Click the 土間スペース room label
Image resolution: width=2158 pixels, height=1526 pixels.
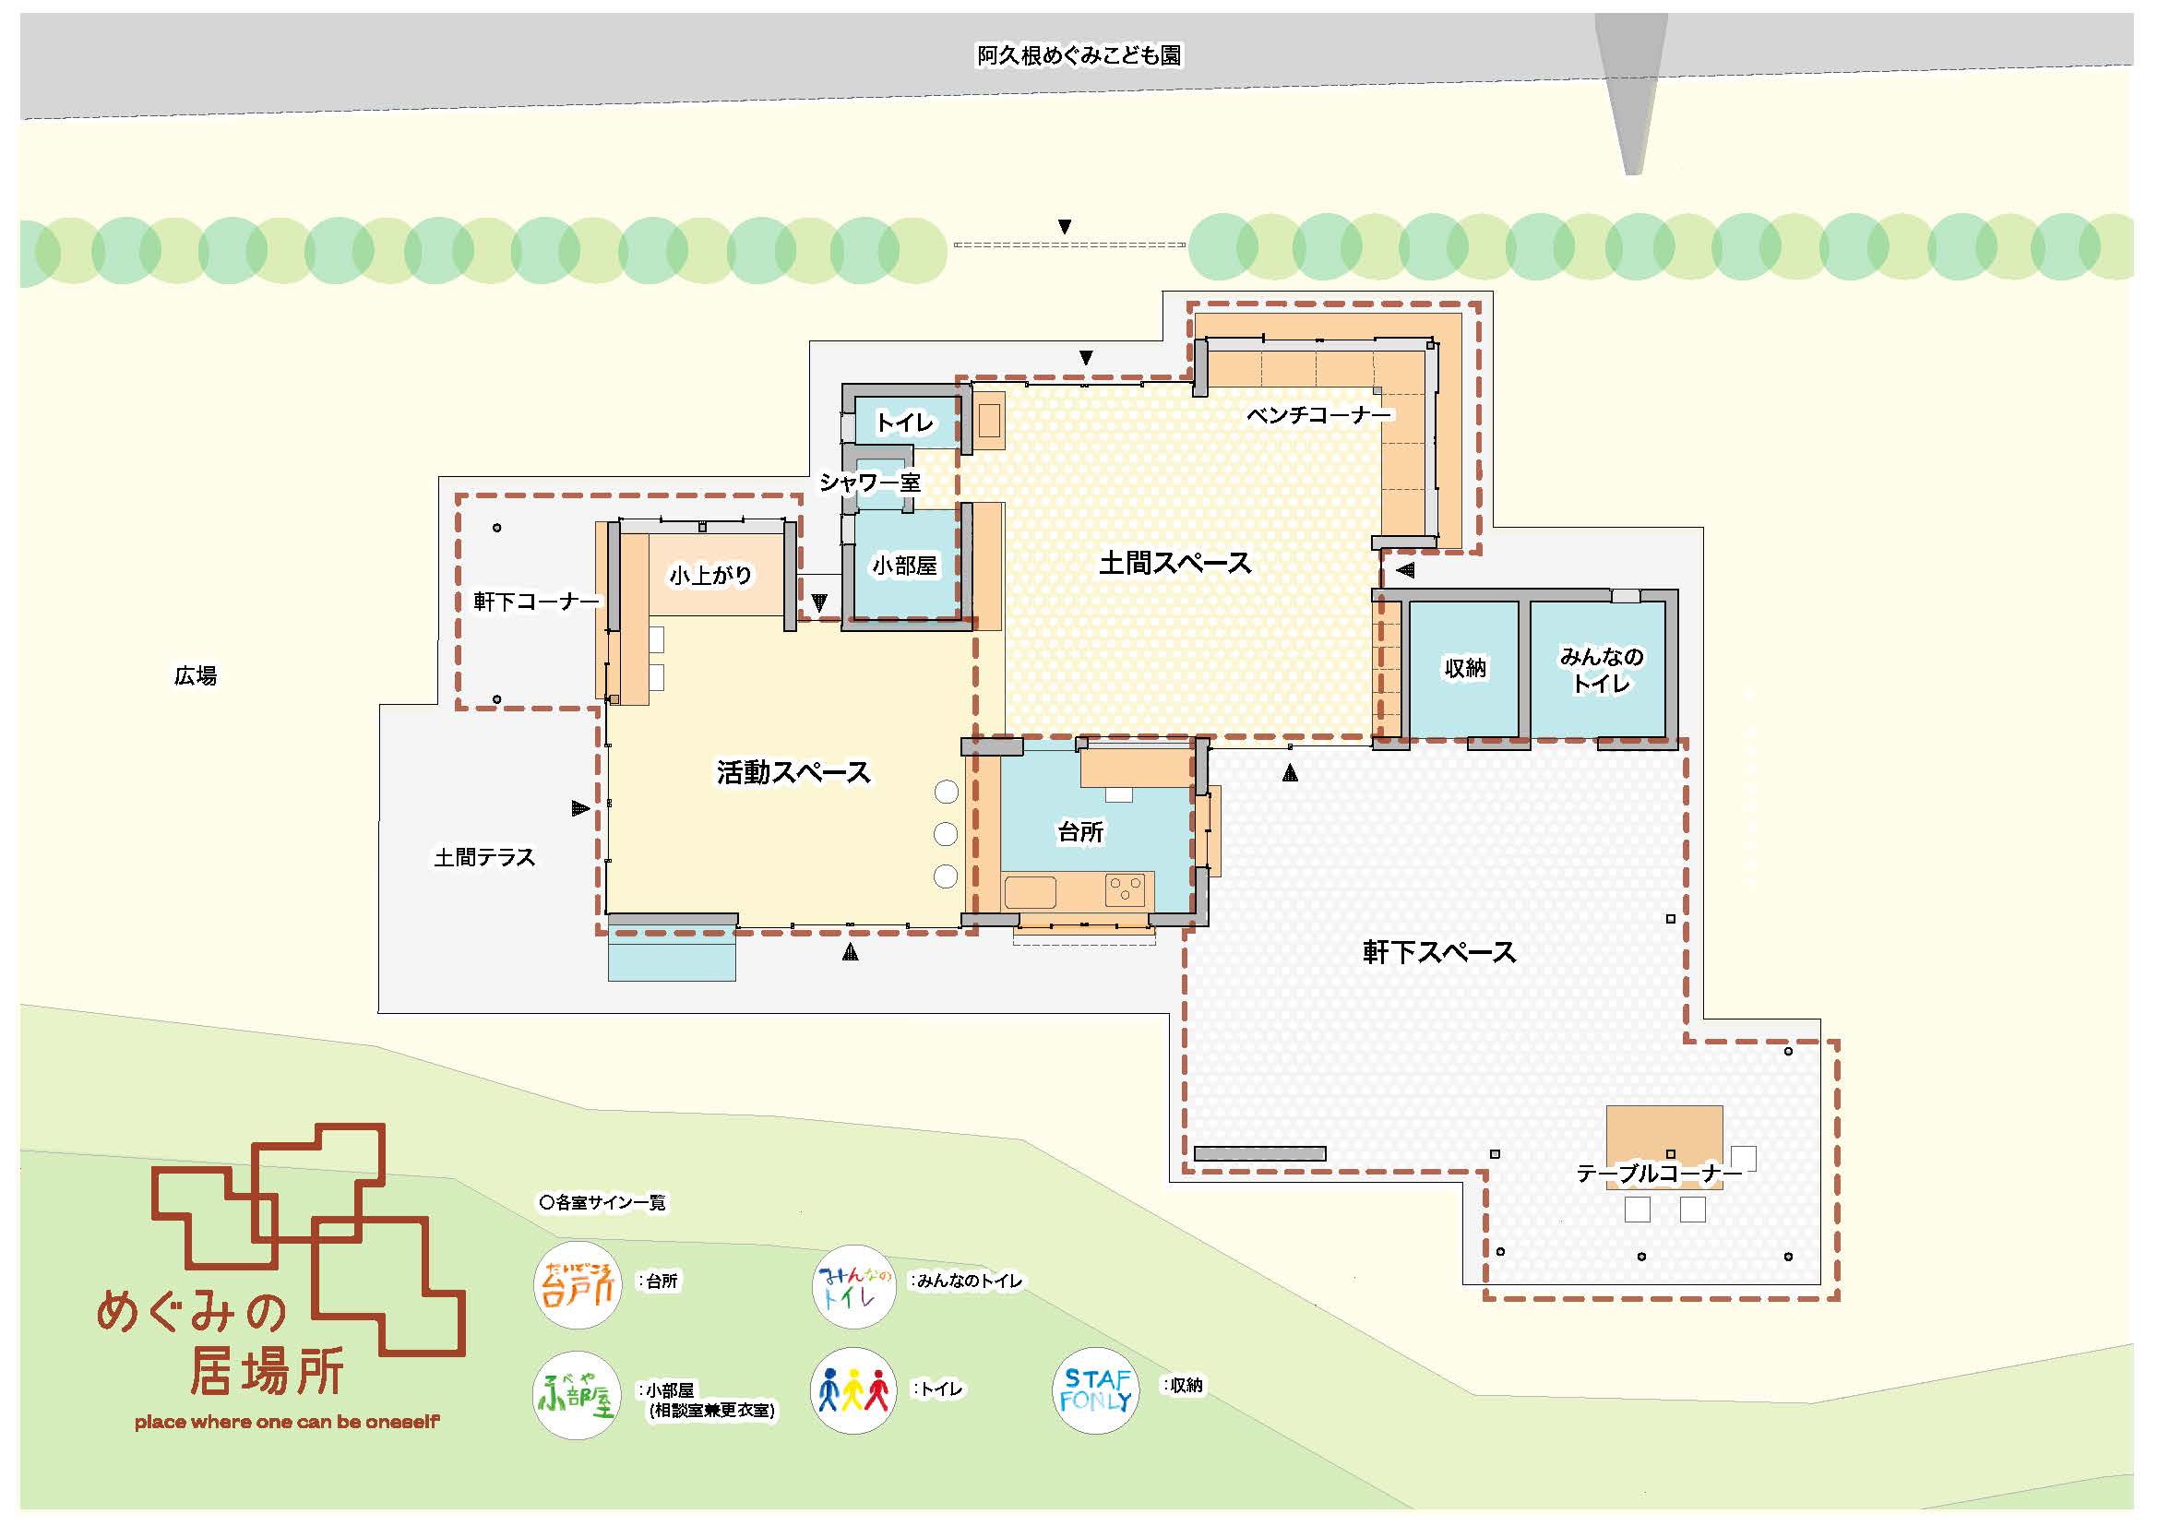pos(1174,563)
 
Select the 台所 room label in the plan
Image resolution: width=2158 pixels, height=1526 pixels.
pos(1080,831)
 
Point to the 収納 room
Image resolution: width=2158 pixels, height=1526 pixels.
pos(1464,668)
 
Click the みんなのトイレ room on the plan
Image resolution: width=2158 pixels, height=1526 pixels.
pos(1601,669)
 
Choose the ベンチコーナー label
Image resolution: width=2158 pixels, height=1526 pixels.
pos(1317,414)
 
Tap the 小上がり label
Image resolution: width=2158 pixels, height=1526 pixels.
pos(709,575)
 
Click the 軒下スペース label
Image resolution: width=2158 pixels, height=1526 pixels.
pos(1439,952)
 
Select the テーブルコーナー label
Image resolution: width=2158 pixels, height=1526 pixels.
pos(1658,1174)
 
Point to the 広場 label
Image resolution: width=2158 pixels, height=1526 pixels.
pos(196,675)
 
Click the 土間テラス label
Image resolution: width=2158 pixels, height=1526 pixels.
pos(484,857)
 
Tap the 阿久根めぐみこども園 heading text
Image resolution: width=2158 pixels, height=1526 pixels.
pos(1079,55)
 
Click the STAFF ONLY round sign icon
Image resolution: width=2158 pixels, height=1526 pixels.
pos(1095,1391)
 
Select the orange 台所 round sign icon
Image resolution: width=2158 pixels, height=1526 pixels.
pos(577,1284)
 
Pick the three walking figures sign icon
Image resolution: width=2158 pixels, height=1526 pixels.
pos(852,1390)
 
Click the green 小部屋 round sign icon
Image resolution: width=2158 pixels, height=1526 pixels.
pos(576,1395)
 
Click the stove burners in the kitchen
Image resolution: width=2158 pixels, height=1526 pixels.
pos(1124,888)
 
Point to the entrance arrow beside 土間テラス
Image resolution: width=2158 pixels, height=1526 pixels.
pos(581,808)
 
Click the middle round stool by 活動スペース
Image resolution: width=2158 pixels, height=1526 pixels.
pos(946,833)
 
